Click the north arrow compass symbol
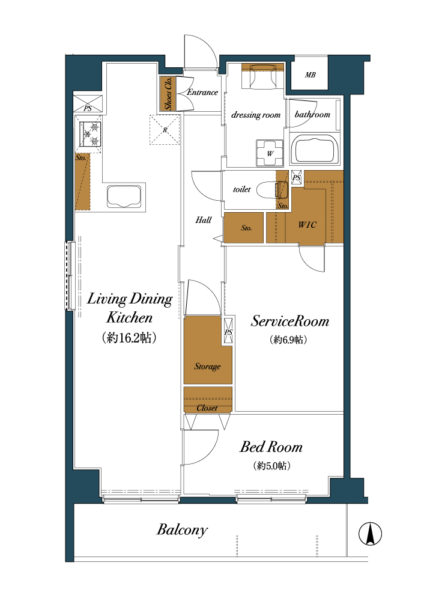click(x=370, y=534)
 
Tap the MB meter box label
click(x=310, y=75)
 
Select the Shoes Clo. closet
click(x=168, y=94)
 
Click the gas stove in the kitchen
click(x=90, y=134)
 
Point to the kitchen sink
click(x=124, y=197)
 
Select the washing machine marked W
click(x=270, y=153)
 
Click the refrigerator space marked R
click(x=165, y=130)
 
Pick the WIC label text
click(x=307, y=225)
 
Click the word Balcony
click(x=182, y=530)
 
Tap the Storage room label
click(x=207, y=367)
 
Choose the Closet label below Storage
click(x=207, y=408)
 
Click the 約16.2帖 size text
click(x=129, y=338)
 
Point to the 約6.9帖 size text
click(x=289, y=340)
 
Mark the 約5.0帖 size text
click(x=271, y=466)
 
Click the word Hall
click(x=204, y=219)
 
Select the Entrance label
click(x=202, y=92)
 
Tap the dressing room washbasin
click(x=262, y=76)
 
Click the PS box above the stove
click(x=88, y=103)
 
